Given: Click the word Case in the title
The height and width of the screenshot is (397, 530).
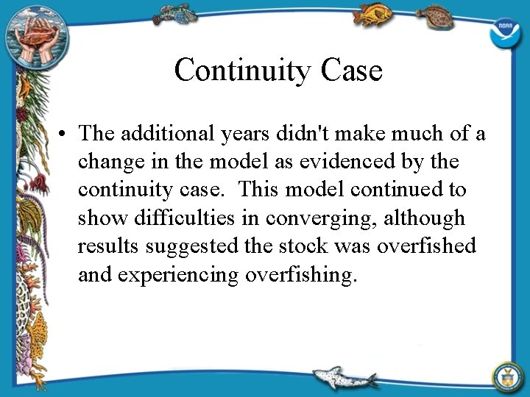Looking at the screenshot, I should (352, 71).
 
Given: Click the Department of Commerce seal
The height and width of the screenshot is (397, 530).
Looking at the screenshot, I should (507, 374).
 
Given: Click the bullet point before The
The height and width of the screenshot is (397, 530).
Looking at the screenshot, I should (65, 134).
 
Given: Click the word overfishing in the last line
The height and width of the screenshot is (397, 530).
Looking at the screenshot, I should (303, 275).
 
